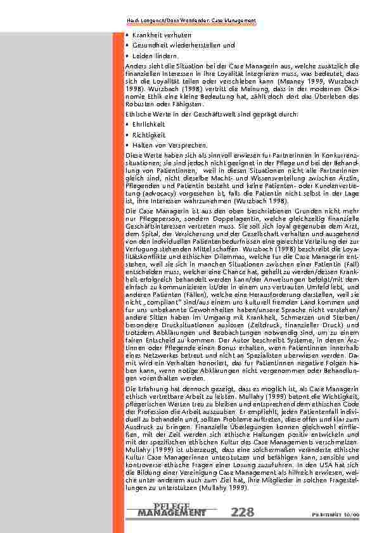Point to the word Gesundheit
tap(149, 46)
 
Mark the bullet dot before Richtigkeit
tap(128, 135)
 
